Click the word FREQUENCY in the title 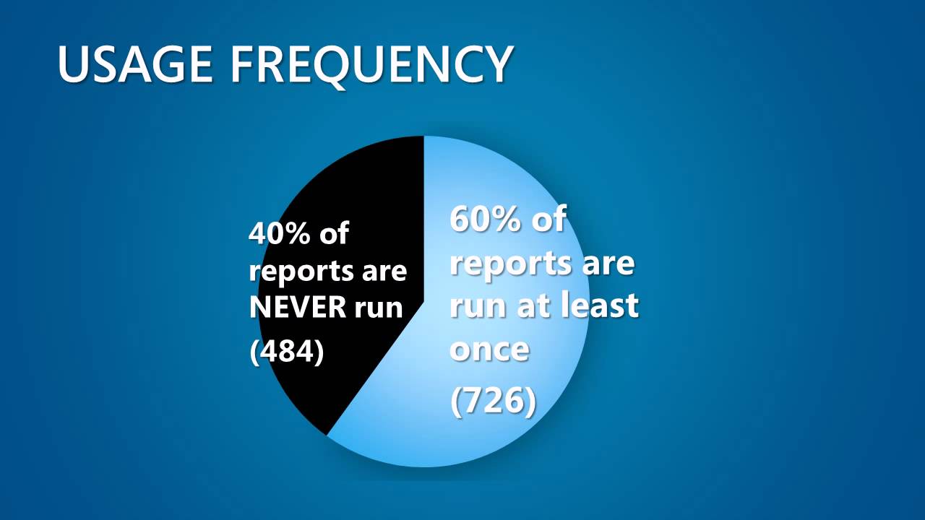click(372, 64)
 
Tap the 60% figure click(484, 219)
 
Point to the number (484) click(286, 352)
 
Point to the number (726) click(494, 402)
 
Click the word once click(490, 350)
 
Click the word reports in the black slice click(296, 272)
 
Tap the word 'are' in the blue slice click(608, 264)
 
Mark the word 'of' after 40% click(334, 234)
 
